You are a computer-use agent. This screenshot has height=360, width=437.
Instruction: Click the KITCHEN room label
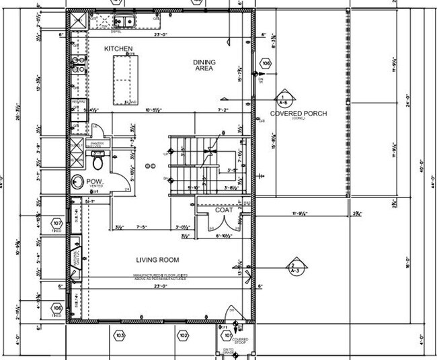tap(118, 49)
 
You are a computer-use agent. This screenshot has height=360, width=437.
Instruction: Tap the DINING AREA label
tap(204, 65)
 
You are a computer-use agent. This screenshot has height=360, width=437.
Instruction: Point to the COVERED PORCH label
tap(298, 114)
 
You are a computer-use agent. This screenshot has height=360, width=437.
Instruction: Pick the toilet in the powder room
tap(97, 162)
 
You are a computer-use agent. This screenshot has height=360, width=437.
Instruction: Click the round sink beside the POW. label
tap(77, 182)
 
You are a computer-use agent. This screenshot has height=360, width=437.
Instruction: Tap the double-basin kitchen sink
tap(126, 23)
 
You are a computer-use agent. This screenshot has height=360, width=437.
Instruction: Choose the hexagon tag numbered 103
tap(120, 334)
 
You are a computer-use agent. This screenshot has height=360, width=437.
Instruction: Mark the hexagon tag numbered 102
tap(183, 334)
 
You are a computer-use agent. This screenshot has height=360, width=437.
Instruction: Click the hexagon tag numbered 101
tap(229, 334)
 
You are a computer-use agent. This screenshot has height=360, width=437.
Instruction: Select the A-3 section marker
tap(294, 267)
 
